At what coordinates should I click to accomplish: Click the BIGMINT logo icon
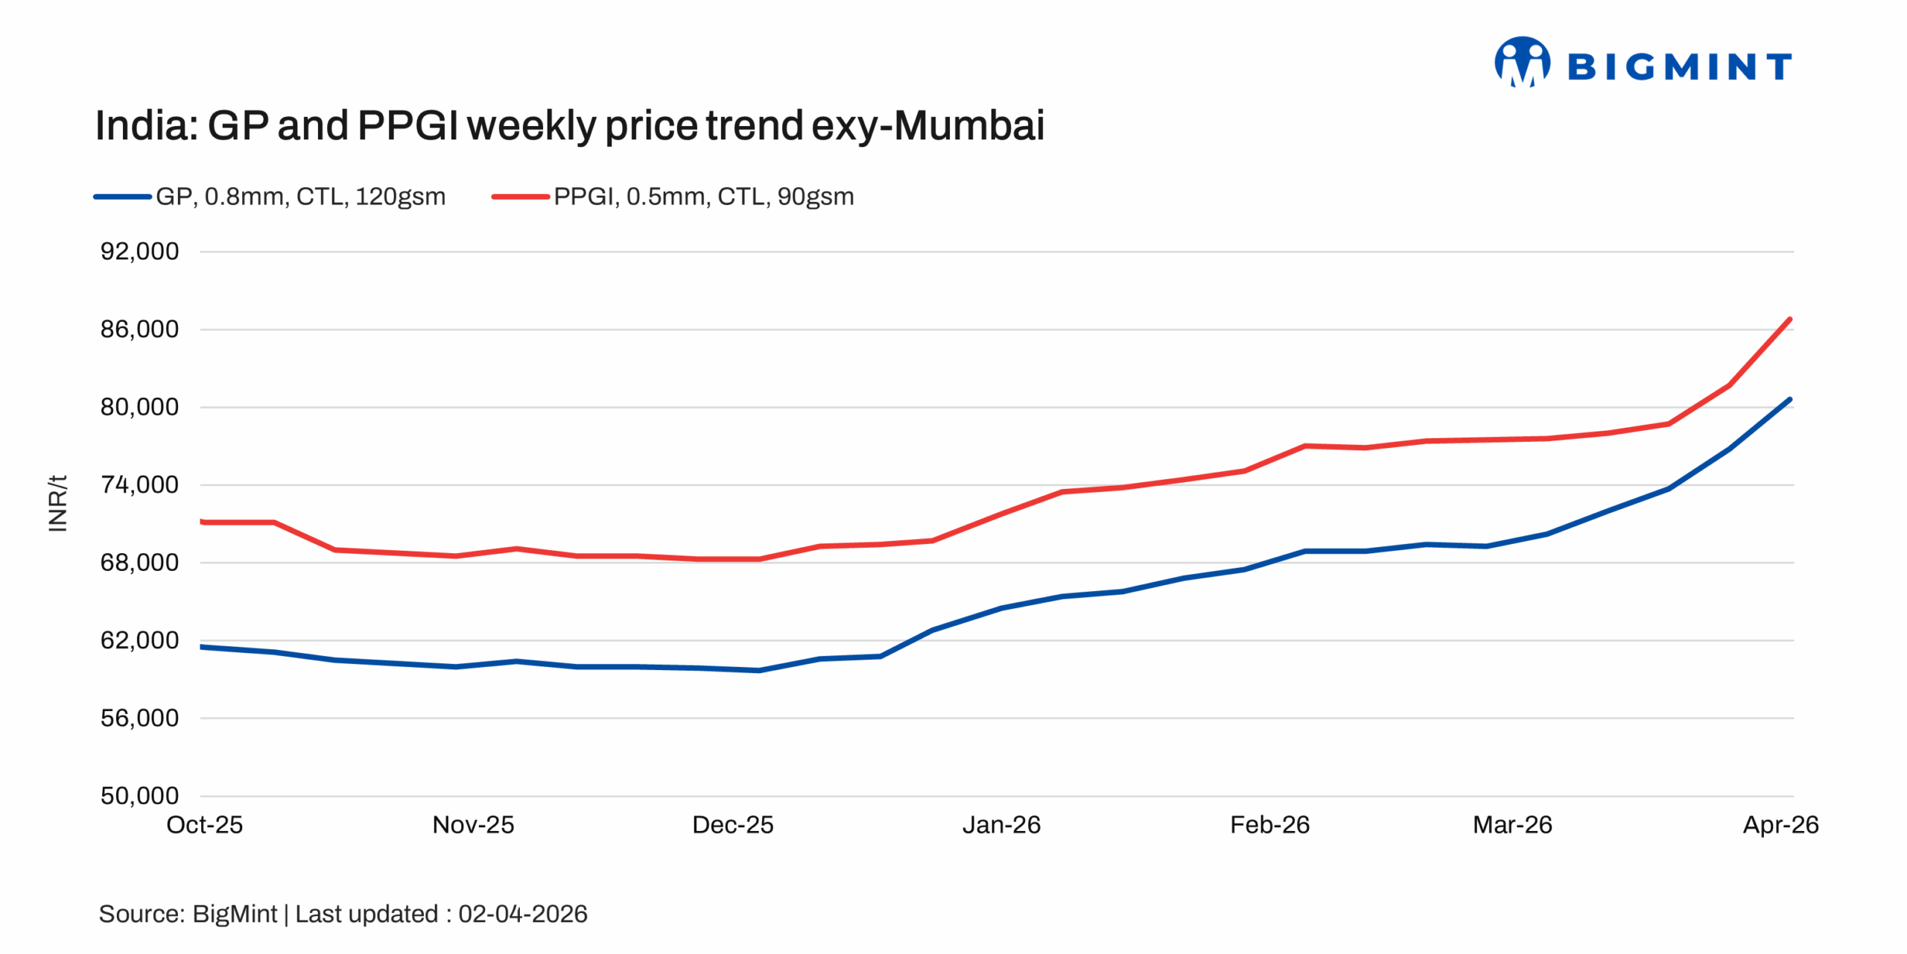(x=1522, y=63)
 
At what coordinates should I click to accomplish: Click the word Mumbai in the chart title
(x=968, y=125)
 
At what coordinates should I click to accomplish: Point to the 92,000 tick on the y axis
(x=139, y=251)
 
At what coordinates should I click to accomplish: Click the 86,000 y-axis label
(x=139, y=329)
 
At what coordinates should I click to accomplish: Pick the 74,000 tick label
(x=139, y=484)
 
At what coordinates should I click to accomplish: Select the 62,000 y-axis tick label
(x=139, y=639)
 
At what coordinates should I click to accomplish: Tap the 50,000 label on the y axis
(x=139, y=795)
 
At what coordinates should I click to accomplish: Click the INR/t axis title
(x=57, y=503)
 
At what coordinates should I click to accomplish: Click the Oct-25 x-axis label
(x=204, y=824)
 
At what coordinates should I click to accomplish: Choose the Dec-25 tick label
(x=732, y=824)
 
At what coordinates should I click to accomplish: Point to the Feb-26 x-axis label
(x=1269, y=824)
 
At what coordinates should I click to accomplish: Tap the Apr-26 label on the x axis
(x=1780, y=824)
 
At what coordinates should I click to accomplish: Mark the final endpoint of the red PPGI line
(x=1789, y=320)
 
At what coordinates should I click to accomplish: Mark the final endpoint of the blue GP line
(x=1789, y=399)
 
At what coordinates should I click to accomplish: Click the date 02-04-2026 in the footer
(x=522, y=914)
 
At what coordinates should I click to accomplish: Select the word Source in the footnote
(x=141, y=914)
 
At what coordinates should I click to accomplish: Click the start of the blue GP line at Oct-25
(x=203, y=646)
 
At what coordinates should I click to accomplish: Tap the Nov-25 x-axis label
(x=473, y=824)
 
